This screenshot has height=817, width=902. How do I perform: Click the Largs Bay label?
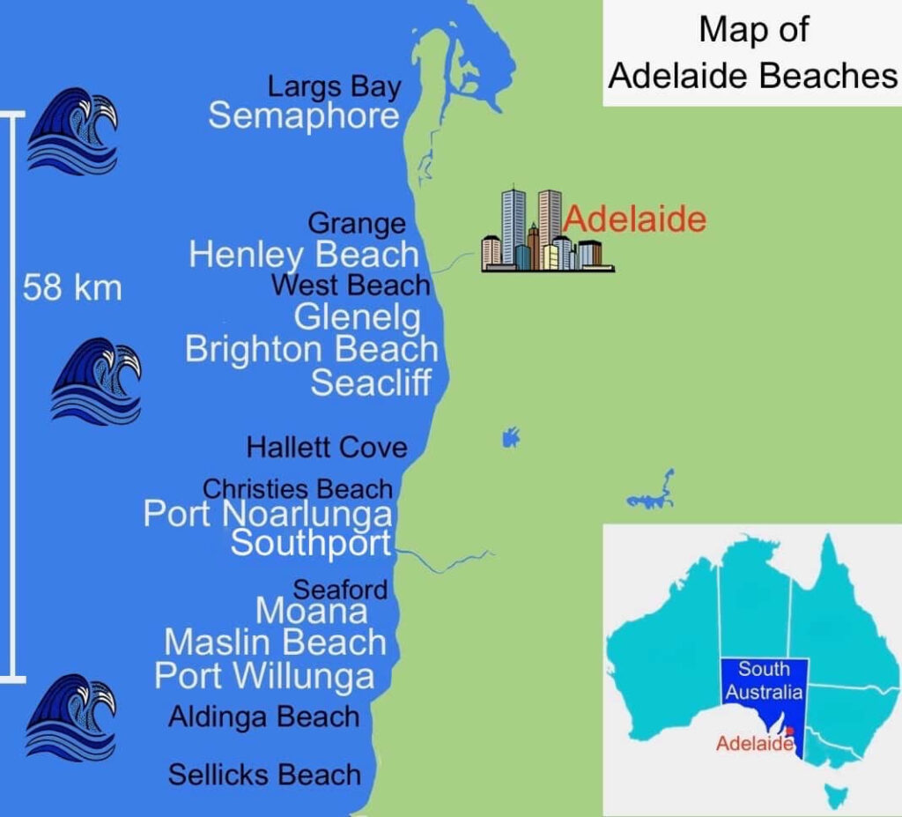(334, 87)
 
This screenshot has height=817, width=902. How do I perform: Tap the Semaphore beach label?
(303, 116)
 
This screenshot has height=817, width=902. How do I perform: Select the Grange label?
(357, 224)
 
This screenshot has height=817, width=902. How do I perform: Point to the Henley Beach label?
(304, 255)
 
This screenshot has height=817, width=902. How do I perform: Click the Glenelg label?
(357, 316)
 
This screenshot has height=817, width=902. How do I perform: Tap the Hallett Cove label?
(327, 447)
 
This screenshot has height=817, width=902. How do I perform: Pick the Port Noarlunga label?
(268, 514)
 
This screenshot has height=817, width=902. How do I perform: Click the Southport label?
(310, 543)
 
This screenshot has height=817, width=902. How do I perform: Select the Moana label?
(311, 610)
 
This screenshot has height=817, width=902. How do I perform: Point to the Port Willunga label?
(264, 676)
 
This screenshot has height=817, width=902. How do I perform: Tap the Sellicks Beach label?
(264, 775)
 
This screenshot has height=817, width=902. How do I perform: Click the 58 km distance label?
(72, 287)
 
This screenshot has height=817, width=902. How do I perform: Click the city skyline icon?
(545, 230)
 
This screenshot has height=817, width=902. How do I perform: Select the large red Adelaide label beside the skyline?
(635, 219)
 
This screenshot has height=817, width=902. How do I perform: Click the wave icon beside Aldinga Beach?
(71, 717)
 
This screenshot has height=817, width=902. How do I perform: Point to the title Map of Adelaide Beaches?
(753, 53)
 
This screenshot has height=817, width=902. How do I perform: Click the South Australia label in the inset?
(764, 681)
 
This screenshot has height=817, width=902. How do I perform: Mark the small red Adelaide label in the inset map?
(754, 743)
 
